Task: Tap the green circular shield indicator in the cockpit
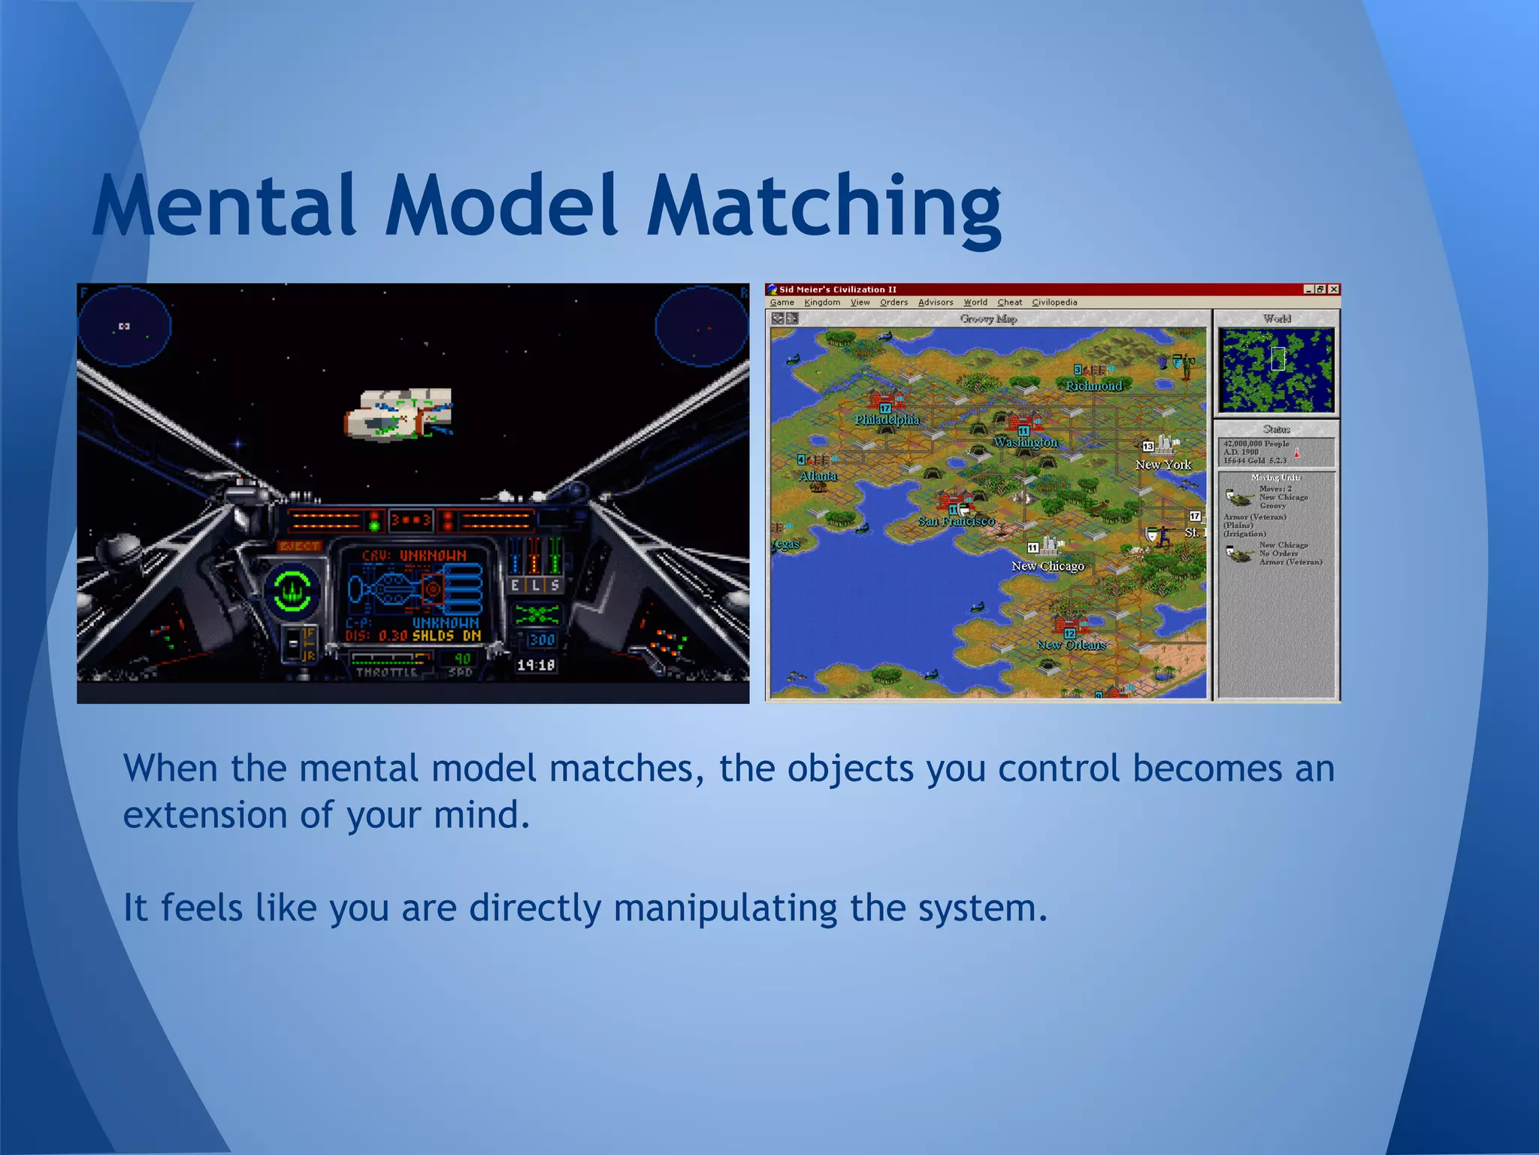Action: [x=292, y=591]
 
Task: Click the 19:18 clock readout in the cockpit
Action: [x=536, y=665]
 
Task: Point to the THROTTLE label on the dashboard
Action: [x=386, y=672]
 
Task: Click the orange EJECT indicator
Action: [x=300, y=546]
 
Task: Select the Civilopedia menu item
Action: [x=1054, y=302]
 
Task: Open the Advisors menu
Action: [x=936, y=302]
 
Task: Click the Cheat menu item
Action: [x=1009, y=302]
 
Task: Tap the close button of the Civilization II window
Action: [x=1333, y=290]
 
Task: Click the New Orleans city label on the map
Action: [x=1072, y=645]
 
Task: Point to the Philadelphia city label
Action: [x=887, y=420]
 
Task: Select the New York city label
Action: [x=1163, y=465]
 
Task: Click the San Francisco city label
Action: [x=956, y=521]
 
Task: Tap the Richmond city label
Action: [x=1093, y=386]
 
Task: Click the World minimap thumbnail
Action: [x=1277, y=370]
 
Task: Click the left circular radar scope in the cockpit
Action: [x=125, y=326]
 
